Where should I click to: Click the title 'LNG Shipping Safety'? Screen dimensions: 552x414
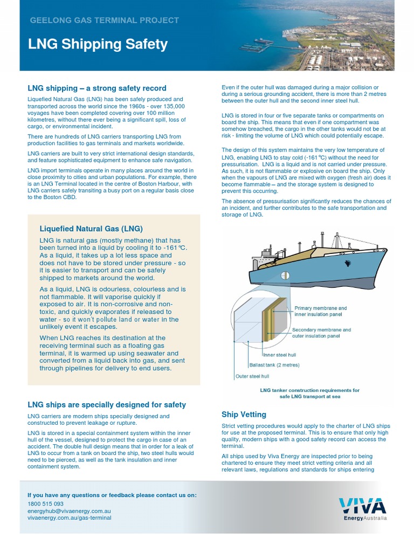(98, 44)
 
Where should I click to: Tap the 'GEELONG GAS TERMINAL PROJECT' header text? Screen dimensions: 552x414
(103, 20)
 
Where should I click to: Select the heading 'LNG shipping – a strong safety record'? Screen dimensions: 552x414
(97, 88)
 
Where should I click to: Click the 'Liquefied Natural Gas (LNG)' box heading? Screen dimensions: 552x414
(90, 229)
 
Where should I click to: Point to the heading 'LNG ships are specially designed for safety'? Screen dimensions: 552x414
(107, 404)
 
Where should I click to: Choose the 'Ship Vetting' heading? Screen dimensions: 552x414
(244, 415)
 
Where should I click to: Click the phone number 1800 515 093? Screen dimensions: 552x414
(45, 503)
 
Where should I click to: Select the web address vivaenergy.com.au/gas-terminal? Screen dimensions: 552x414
(69, 517)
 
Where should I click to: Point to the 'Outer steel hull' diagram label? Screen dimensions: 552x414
(252, 376)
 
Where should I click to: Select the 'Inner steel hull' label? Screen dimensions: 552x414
(279, 355)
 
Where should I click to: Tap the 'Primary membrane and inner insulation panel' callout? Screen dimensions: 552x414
(320, 311)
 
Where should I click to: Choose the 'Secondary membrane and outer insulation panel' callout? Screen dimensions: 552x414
(321, 333)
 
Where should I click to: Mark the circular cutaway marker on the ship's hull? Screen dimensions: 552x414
(286, 275)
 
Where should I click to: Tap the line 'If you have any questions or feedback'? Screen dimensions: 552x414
(112, 494)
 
